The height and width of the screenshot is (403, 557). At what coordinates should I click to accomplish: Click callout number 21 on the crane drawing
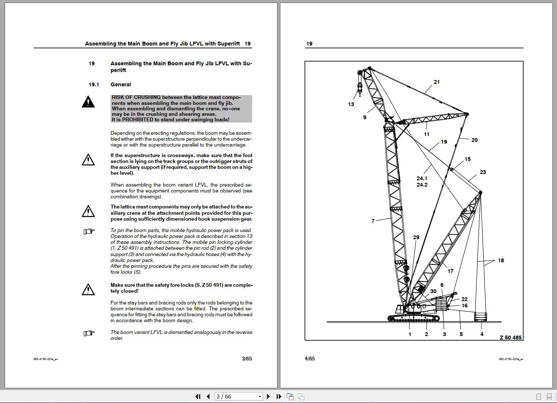click(x=436, y=82)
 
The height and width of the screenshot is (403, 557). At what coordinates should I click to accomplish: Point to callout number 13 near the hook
click(x=351, y=104)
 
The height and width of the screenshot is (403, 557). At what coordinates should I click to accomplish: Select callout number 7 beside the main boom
click(x=373, y=221)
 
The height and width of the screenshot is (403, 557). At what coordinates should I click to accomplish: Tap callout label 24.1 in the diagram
click(x=422, y=179)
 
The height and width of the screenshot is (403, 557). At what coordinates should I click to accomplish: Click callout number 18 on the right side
click(x=501, y=261)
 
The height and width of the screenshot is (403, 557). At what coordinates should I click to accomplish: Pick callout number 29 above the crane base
click(x=416, y=238)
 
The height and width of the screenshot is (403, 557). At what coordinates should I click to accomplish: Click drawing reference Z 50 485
click(x=510, y=337)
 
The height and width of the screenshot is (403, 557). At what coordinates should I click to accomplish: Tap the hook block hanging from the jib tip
click(x=360, y=87)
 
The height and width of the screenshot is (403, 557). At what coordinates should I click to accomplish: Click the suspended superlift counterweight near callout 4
click(x=481, y=317)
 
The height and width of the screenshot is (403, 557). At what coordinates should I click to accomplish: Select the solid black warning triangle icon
click(x=88, y=102)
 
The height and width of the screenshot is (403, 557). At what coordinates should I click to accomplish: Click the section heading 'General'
click(x=121, y=85)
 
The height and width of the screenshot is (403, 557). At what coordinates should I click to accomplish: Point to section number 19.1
click(x=94, y=85)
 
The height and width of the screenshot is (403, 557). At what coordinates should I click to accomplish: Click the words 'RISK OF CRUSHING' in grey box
click(x=136, y=97)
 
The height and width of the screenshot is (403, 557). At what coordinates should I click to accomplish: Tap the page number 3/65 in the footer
click(x=247, y=359)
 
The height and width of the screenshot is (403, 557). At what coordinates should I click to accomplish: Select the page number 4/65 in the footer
click(x=309, y=359)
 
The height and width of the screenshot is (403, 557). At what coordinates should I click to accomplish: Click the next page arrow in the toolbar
click(x=268, y=396)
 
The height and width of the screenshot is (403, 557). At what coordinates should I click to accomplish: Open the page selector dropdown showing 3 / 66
click(x=239, y=396)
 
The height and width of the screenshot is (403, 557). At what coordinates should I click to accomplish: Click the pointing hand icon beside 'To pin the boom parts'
click(x=89, y=231)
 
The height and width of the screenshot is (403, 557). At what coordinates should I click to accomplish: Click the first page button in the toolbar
click(x=198, y=396)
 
